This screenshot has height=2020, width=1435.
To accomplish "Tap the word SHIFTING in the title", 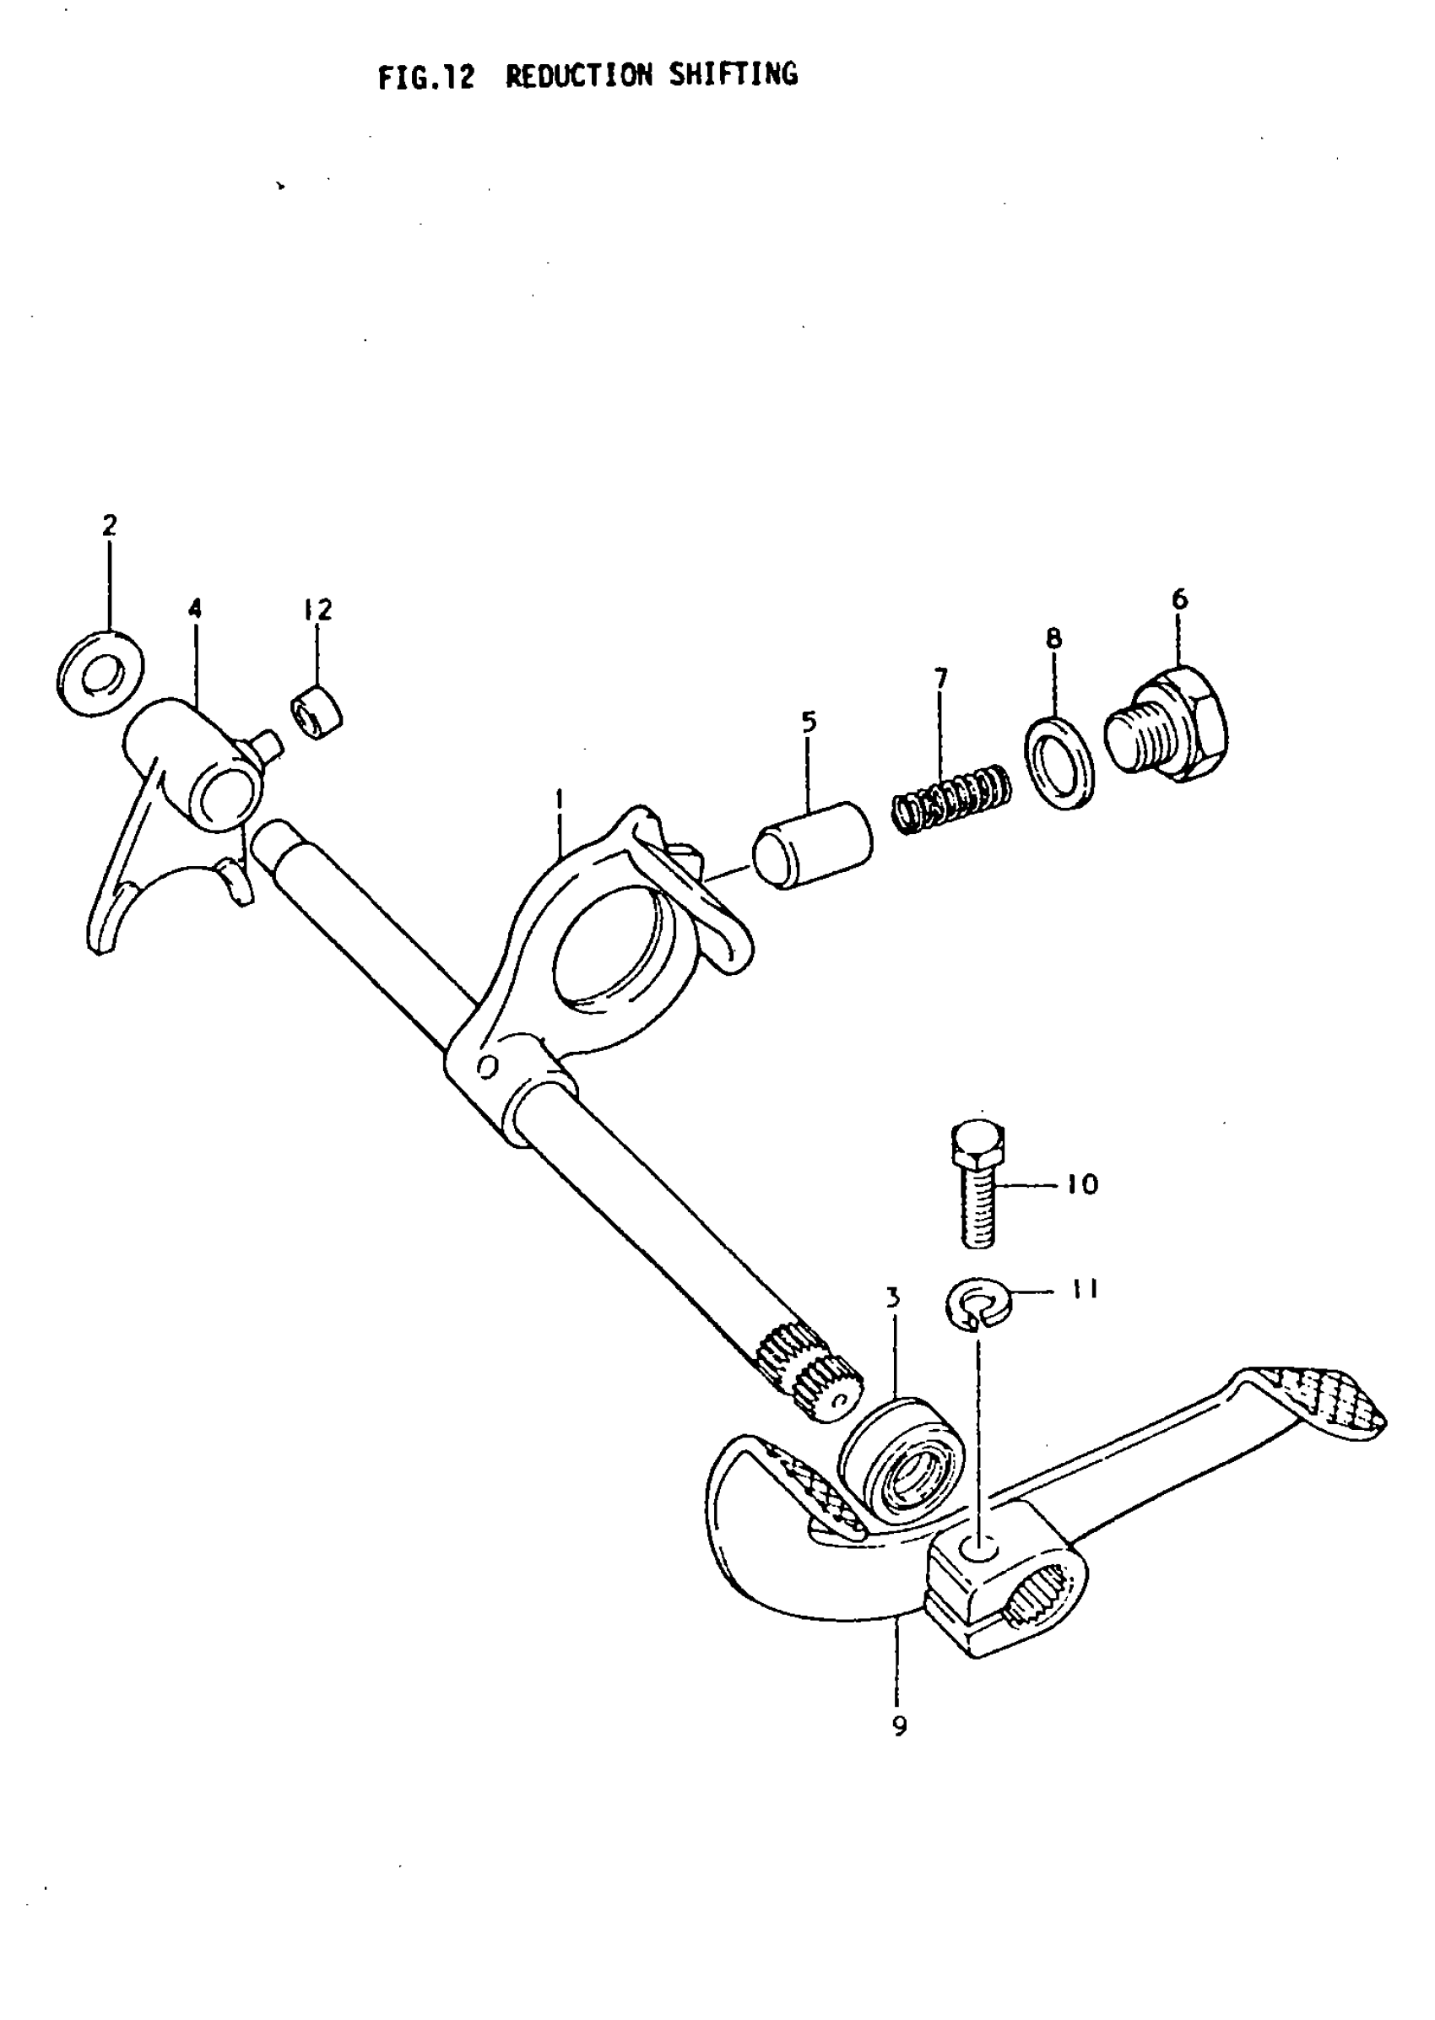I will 733,75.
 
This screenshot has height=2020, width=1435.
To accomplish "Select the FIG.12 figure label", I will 426,78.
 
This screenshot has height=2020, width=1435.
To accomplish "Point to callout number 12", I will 317,609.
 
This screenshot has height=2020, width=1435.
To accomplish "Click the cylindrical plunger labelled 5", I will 812,845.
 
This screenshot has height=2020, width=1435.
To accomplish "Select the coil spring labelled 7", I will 950,798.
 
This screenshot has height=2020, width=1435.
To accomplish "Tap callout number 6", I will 1179,599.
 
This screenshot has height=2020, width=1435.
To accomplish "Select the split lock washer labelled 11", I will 978,1304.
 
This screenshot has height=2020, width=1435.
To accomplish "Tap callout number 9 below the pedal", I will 900,1725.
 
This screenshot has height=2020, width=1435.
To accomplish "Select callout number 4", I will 194,609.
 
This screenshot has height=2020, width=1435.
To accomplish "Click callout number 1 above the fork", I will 559,799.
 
